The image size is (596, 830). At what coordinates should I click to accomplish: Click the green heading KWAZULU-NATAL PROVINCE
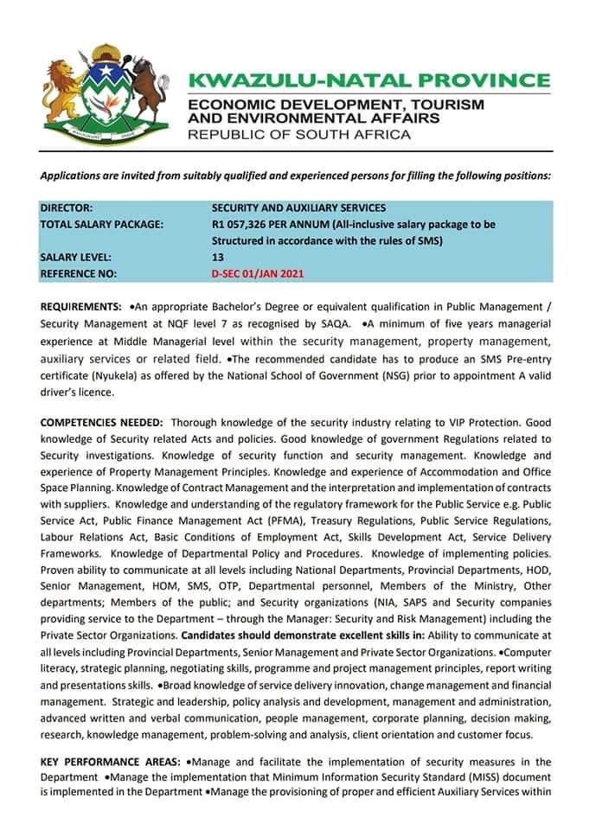[x=368, y=81]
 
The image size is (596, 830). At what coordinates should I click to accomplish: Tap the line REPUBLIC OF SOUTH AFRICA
[x=299, y=135]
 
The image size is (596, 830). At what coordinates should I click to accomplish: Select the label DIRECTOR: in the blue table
[x=67, y=208]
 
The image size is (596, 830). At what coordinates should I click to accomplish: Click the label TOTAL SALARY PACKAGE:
[x=101, y=225]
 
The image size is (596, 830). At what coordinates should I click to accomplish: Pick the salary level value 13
[x=217, y=258]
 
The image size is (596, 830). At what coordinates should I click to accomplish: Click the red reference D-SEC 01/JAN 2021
[x=257, y=274]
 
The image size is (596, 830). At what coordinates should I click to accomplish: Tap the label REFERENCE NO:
[x=79, y=274]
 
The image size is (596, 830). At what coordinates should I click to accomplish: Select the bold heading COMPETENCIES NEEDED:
[x=101, y=423]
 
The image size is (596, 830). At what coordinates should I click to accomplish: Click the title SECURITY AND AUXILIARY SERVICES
[x=298, y=208]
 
